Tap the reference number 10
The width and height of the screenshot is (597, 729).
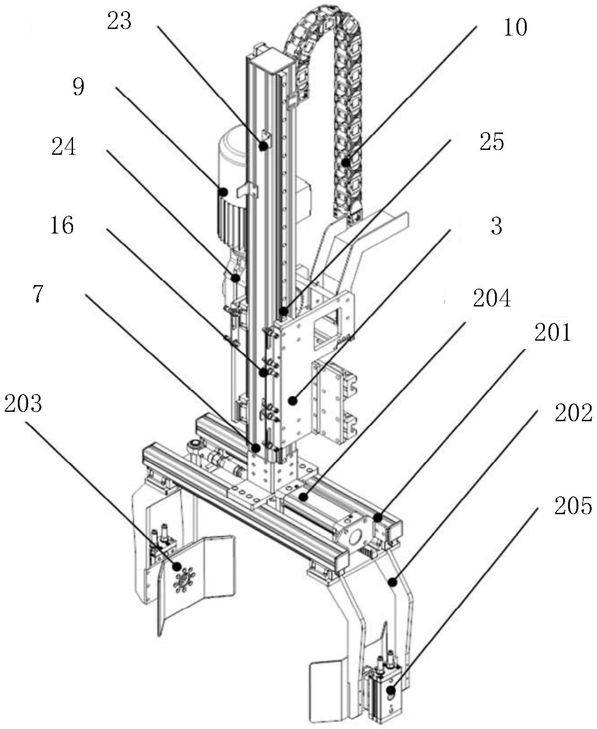click(x=515, y=28)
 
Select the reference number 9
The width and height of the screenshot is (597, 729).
click(x=78, y=87)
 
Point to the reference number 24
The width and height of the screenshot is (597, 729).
click(x=64, y=147)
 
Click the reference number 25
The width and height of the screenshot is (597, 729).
click(x=491, y=142)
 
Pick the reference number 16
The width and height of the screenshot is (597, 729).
click(x=62, y=226)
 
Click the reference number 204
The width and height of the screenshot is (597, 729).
click(x=492, y=299)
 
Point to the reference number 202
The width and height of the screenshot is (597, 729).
click(x=574, y=414)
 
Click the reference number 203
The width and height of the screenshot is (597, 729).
click(x=23, y=404)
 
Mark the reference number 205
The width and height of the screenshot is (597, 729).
click(x=573, y=506)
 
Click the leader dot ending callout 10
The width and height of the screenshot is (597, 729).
click(x=345, y=162)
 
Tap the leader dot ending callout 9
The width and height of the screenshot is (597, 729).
click(x=223, y=192)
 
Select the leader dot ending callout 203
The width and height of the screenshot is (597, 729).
click(x=178, y=566)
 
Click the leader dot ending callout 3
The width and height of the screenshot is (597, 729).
click(x=292, y=401)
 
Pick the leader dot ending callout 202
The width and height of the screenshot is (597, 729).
click(x=392, y=581)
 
